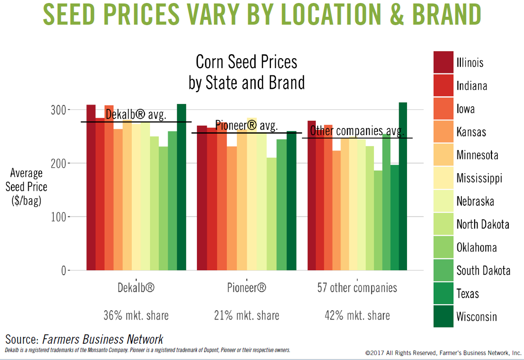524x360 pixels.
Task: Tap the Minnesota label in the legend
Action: (x=477, y=155)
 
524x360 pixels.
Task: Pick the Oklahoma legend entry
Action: (x=476, y=248)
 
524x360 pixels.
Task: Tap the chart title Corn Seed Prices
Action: (x=246, y=62)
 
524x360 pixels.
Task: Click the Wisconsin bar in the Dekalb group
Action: (x=182, y=187)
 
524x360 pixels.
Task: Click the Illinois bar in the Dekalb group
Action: (x=91, y=187)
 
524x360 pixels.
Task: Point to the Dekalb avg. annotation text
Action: (x=136, y=115)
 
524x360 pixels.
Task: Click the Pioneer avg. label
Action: (x=246, y=125)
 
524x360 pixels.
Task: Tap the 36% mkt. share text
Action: (x=136, y=315)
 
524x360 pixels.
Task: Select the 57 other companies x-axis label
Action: (x=357, y=288)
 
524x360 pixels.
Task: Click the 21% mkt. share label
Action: (x=246, y=315)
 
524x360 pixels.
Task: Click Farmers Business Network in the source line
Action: (x=103, y=339)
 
